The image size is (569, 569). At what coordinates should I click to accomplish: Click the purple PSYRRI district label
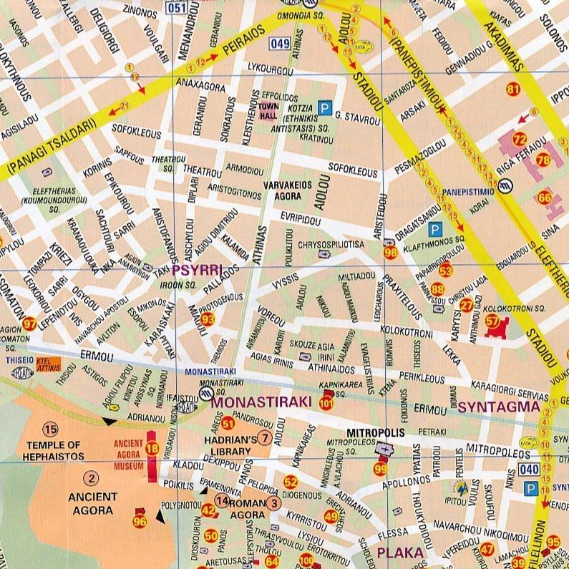coord(197,270)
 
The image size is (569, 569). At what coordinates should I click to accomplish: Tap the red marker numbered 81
coord(512,89)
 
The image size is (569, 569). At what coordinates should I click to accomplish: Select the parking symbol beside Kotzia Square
coord(325,108)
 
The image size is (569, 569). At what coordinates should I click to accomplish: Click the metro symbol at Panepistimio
coord(507,186)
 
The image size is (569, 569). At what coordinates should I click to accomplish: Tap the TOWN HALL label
coord(268,111)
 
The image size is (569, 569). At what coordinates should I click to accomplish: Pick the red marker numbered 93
coord(208,318)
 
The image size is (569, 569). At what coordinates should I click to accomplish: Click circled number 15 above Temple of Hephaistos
coord(49,429)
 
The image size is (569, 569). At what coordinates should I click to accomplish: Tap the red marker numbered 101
coord(326,404)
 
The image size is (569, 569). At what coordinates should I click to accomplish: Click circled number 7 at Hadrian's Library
coord(264,438)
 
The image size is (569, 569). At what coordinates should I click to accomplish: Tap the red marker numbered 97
coord(29,324)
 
